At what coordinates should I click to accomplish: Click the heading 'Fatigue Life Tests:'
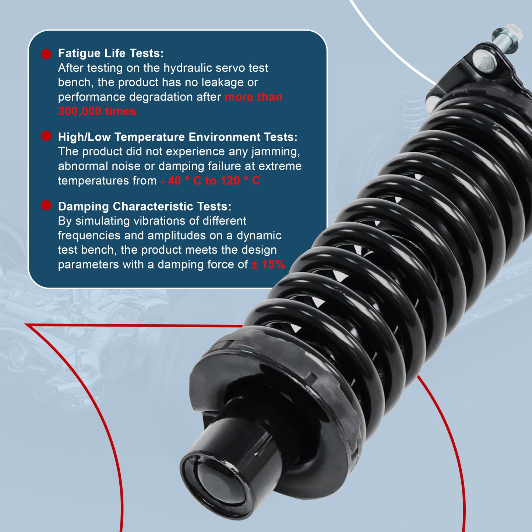click(x=111, y=53)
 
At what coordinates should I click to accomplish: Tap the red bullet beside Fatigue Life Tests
click(x=46, y=54)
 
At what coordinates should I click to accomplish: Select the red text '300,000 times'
click(x=97, y=111)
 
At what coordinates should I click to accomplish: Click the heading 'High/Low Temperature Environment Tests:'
click(x=177, y=137)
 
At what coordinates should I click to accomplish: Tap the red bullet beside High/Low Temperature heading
click(x=46, y=136)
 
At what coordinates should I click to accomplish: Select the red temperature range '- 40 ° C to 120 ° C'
click(x=210, y=181)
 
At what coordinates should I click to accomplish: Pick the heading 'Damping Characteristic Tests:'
click(x=145, y=207)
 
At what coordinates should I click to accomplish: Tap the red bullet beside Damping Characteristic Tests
click(x=46, y=205)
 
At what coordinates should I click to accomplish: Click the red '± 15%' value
click(x=268, y=265)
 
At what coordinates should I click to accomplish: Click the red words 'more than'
click(x=253, y=97)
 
